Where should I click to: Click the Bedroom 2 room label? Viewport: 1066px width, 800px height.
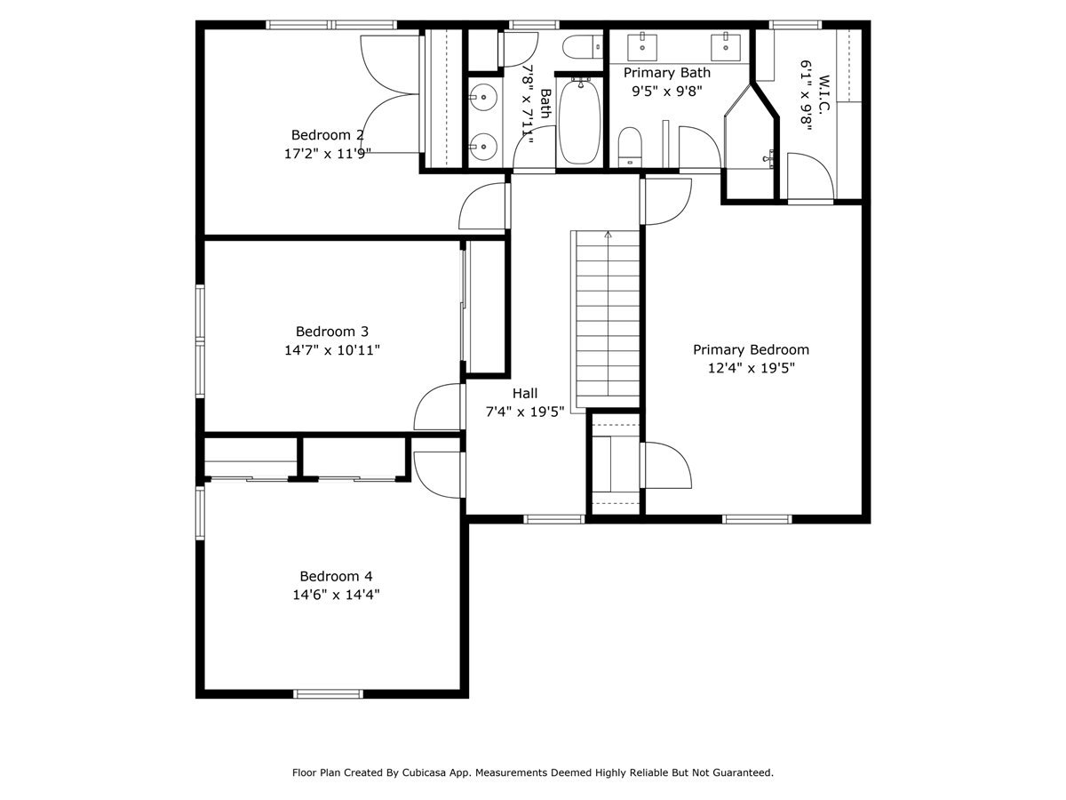pos(327,135)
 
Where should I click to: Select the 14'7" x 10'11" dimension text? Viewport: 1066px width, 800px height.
pos(332,350)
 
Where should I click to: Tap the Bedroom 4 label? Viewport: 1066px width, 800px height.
pos(330,576)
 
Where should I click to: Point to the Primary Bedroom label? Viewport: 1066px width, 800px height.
pos(751,349)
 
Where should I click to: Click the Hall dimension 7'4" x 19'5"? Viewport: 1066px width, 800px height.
pos(525,412)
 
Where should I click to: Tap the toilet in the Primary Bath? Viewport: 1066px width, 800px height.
pos(630,146)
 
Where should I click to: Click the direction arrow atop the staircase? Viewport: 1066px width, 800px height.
pos(609,236)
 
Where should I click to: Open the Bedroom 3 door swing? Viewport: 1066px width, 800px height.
pos(437,407)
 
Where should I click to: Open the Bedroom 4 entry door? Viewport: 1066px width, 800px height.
pos(437,476)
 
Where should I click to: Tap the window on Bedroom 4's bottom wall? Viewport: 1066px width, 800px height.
pos(329,693)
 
